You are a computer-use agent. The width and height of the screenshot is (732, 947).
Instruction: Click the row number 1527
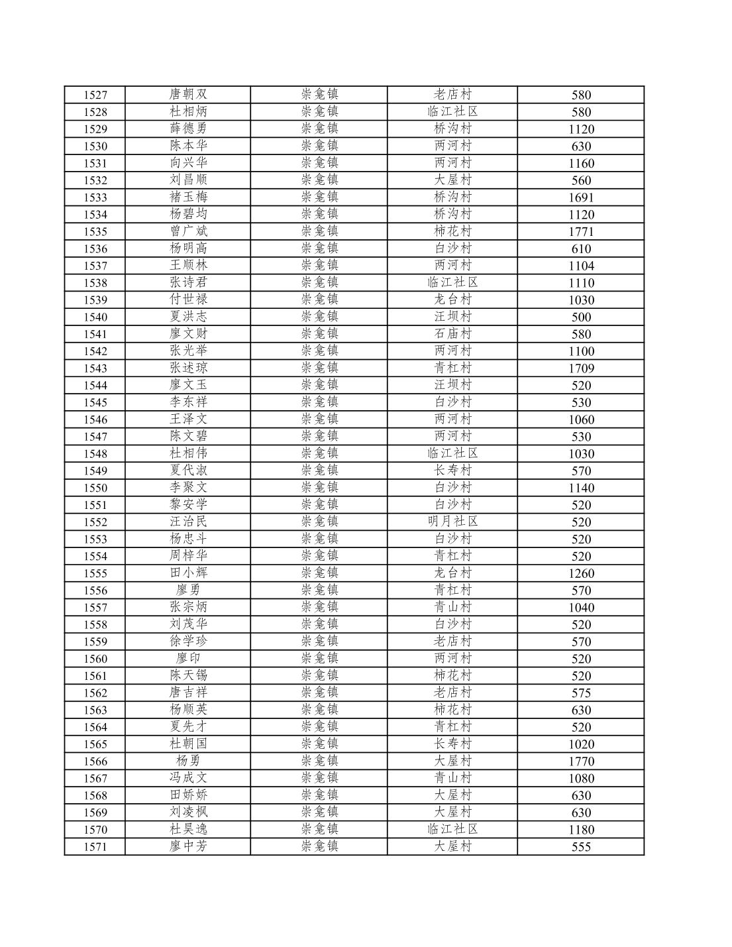pyautogui.click(x=95, y=95)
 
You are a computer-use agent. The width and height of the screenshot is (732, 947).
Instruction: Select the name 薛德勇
pyautogui.click(x=188, y=129)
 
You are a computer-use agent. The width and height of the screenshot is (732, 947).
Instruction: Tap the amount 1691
pyautogui.click(x=581, y=197)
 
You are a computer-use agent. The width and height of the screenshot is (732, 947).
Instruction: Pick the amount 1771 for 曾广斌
pyautogui.click(x=581, y=231)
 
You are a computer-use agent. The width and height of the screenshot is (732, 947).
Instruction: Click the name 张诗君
pyautogui.click(x=188, y=282)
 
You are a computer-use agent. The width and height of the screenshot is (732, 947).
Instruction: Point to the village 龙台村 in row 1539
pyautogui.click(x=452, y=300)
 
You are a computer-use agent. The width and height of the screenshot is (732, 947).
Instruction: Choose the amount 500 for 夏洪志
pyautogui.click(x=581, y=317)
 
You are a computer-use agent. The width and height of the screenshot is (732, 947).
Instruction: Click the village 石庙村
pyautogui.click(x=452, y=334)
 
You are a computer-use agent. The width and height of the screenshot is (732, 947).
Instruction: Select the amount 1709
pyautogui.click(x=581, y=368)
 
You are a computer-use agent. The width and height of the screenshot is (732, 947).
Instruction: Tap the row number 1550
pyautogui.click(x=95, y=488)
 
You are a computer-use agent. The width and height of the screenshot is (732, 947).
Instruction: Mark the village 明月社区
pyautogui.click(x=452, y=522)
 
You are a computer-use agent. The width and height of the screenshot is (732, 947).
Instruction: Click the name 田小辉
pyautogui.click(x=188, y=573)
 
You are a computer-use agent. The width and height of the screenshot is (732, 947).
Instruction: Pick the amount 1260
pyautogui.click(x=581, y=573)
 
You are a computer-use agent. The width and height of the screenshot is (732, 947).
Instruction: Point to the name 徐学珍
pyautogui.click(x=188, y=641)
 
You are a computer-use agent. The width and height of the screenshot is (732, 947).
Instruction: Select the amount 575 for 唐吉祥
pyautogui.click(x=581, y=693)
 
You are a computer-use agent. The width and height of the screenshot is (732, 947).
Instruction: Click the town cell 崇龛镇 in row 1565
pyautogui.click(x=319, y=744)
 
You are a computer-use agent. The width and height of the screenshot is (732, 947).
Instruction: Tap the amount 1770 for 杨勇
pyautogui.click(x=581, y=761)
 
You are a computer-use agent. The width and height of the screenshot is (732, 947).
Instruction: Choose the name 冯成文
pyautogui.click(x=188, y=778)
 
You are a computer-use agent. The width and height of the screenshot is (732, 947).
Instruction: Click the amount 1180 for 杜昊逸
pyautogui.click(x=581, y=830)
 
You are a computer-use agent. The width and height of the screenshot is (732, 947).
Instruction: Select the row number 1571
pyautogui.click(x=95, y=847)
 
